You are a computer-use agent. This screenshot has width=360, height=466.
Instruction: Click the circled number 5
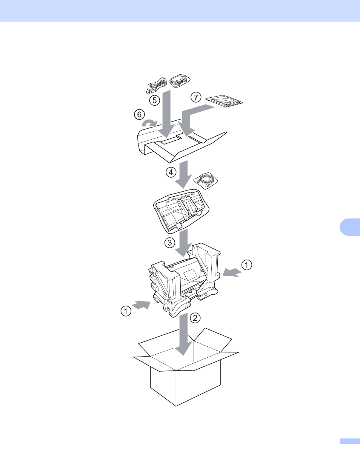point(155,100)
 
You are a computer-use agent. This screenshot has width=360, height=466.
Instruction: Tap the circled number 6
point(139,114)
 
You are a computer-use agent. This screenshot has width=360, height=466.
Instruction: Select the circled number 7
point(196,97)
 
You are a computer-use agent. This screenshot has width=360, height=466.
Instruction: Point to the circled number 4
point(171,172)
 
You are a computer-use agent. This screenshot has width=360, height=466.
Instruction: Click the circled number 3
point(170,243)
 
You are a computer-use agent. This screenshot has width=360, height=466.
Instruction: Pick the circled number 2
point(195,318)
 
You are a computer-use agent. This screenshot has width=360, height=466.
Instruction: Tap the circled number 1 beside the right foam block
point(246,265)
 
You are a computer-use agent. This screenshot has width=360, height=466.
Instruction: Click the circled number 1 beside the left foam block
point(126,311)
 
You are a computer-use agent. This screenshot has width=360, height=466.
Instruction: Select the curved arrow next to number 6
point(149,124)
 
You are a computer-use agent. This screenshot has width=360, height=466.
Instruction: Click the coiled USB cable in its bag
point(206,181)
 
